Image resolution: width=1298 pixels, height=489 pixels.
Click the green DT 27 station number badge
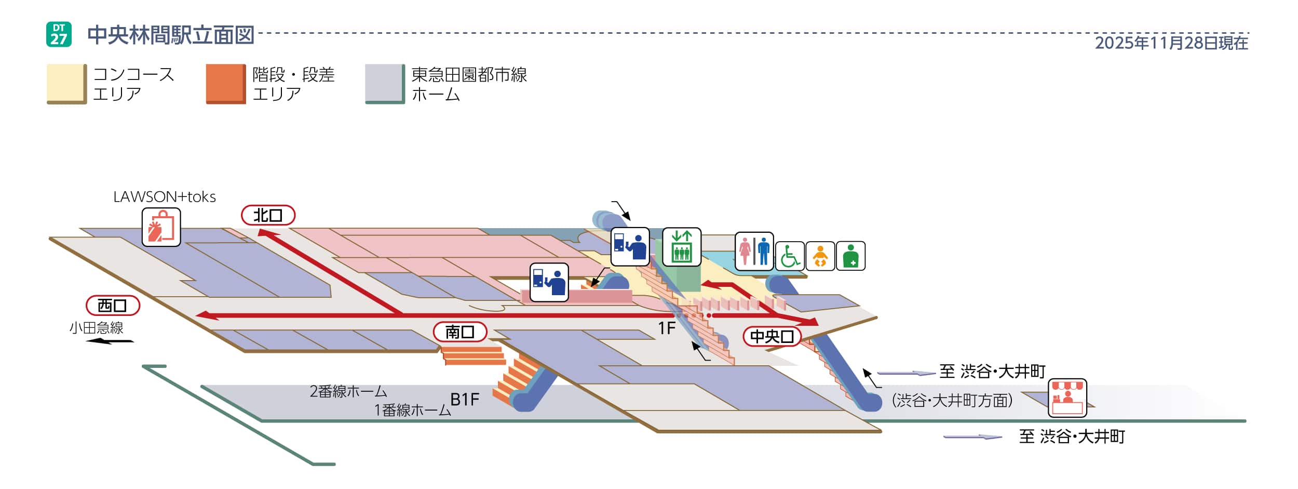pyautogui.click(x=59, y=34)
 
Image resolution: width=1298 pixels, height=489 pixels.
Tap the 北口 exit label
pyautogui.click(x=268, y=215)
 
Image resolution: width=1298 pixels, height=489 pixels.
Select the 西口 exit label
pyautogui.click(x=113, y=306)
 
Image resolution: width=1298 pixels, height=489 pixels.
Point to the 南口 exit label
pyautogui.click(x=460, y=332)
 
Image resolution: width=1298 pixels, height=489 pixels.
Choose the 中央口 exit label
pyautogui.click(x=772, y=336)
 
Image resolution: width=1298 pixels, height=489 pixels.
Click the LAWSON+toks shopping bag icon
pyautogui.click(x=161, y=227)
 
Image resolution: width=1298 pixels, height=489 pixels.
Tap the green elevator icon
pyautogui.click(x=682, y=246)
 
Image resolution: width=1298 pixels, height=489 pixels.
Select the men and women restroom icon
pyautogui.click(x=754, y=251)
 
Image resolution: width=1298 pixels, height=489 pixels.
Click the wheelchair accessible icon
pyautogui.click(x=790, y=256)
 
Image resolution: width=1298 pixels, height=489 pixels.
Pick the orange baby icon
pyautogui.click(x=820, y=256)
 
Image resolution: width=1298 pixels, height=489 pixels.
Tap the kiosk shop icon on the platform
pyautogui.click(x=1067, y=398)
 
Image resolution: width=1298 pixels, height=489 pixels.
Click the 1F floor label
pyautogui.click(x=667, y=328)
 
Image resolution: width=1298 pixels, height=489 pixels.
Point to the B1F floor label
pyautogui.click(x=465, y=399)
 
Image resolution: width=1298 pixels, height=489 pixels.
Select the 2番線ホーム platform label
pyautogui.click(x=348, y=391)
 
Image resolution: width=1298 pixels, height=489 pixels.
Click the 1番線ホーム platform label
pyautogui.click(x=412, y=410)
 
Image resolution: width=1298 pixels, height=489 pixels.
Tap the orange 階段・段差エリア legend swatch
pyautogui.click(x=225, y=84)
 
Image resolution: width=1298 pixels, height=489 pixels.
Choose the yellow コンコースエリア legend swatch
pyautogui.click(x=66, y=84)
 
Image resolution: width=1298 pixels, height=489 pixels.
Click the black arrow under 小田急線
pyautogui.click(x=110, y=341)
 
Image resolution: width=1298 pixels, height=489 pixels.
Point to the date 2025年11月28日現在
pyautogui.click(x=1171, y=43)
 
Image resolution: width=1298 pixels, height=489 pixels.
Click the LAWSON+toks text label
pyautogui.click(x=165, y=197)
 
